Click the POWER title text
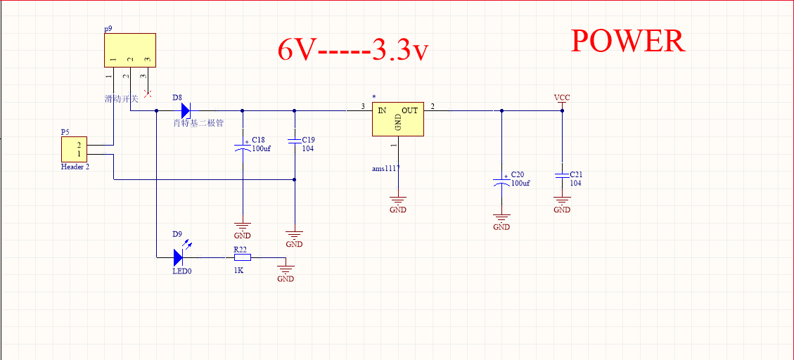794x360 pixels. click(627, 41)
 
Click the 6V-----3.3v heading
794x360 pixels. click(353, 51)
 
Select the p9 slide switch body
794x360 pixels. click(129, 50)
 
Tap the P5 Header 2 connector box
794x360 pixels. click(74, 150)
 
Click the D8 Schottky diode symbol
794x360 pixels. click(186, 110)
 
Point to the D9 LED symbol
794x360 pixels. click(178, 257)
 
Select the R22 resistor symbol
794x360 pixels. click(242, 257)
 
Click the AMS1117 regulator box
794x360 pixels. click(398, 117)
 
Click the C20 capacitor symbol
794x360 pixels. click(501, 182)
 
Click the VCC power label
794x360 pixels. click(562, 98)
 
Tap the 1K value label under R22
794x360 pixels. click(239, 269)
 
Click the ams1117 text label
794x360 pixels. click(386, 169)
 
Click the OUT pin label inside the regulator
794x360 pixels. click(410, 110)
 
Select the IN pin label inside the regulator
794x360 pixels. click(382, 110)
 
